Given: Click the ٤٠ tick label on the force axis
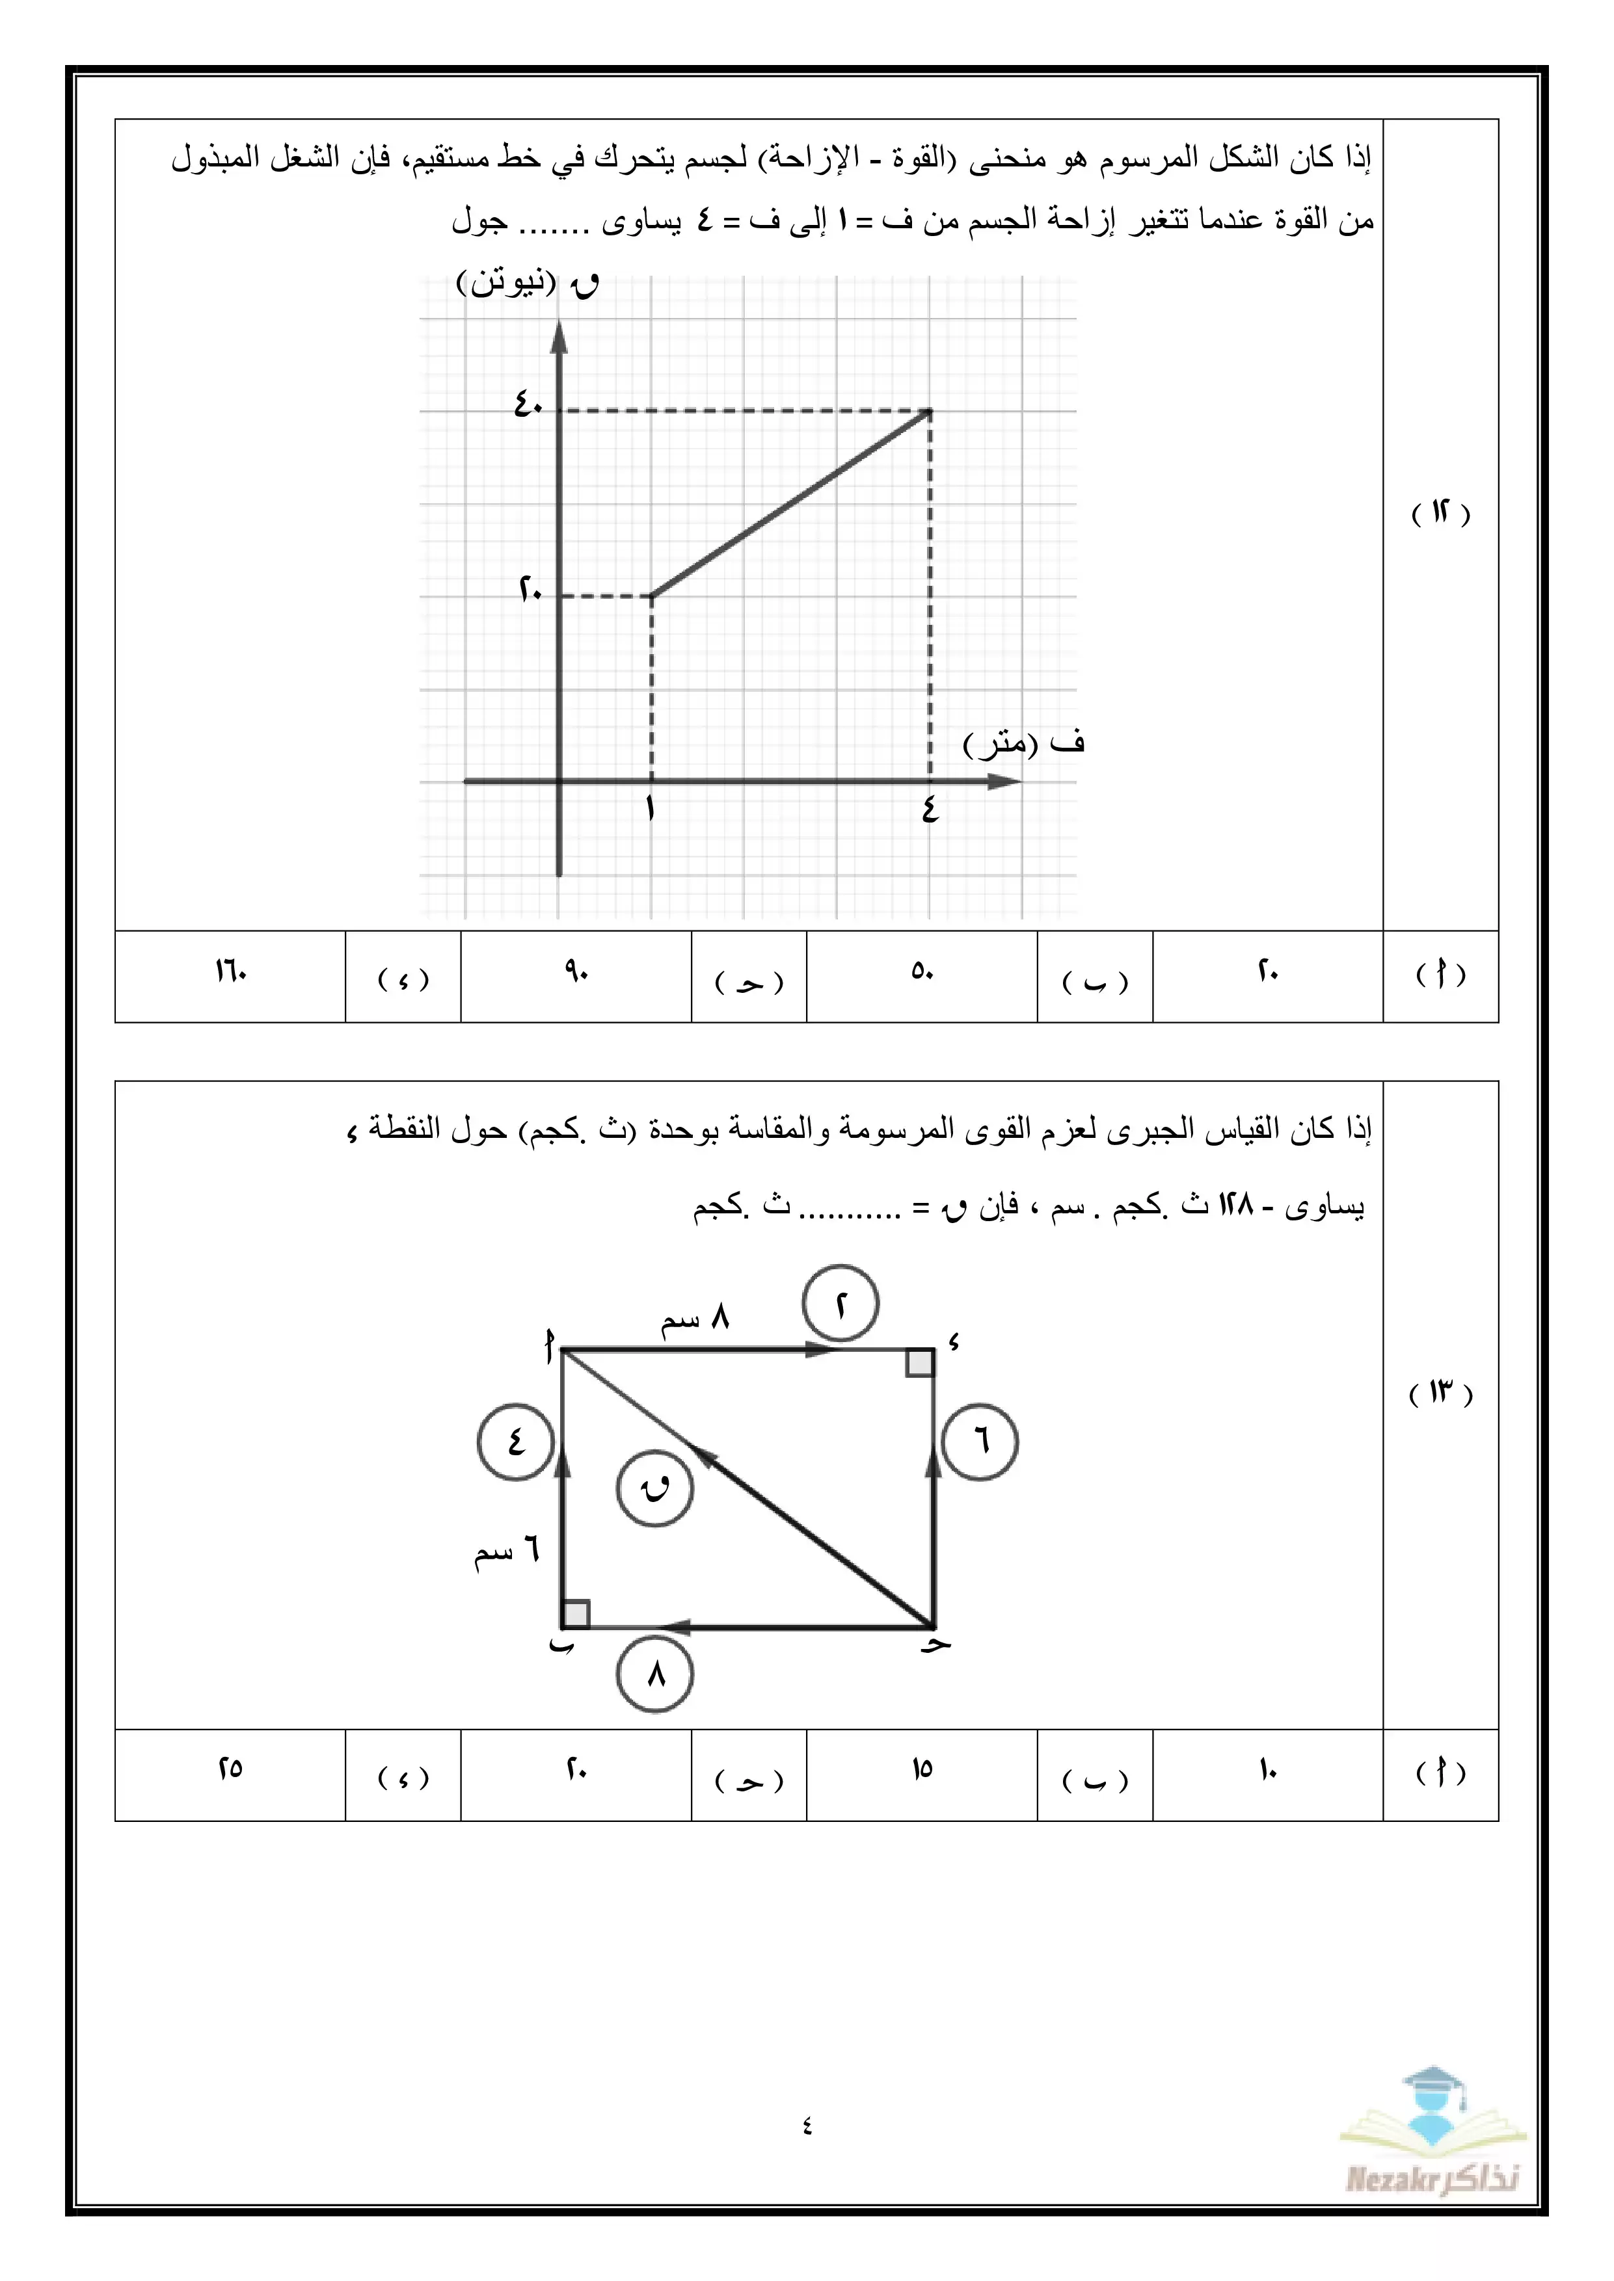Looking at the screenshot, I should pos(528,404).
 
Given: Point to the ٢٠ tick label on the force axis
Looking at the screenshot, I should pos(530,590).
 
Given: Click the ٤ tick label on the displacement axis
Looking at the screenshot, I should pos(929,810).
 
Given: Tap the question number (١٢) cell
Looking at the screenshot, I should pos(1440,514).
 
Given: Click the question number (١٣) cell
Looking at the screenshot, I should pos(1440,1393).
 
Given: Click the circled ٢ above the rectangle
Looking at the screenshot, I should pos(841,1304).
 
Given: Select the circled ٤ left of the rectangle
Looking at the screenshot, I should pos(516,1442).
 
